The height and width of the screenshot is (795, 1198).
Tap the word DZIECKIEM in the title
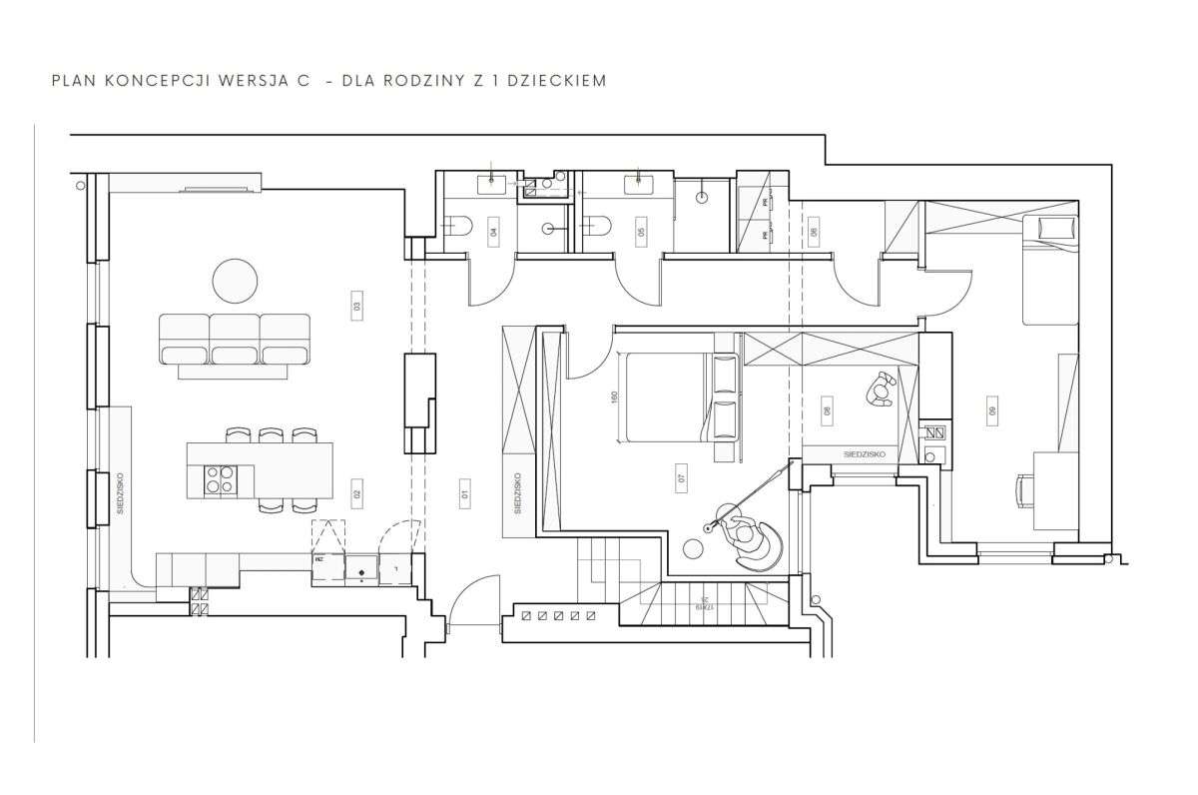[x=558, y=80]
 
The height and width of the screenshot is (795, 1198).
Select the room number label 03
[x=356, y=306]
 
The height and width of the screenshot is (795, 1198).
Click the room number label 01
[x=464, y=491]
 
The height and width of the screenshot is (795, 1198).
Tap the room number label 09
[x=992, y=410]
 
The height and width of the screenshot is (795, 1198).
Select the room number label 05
[x=640, y=232]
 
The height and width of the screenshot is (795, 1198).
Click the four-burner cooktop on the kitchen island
[x=220, y=480]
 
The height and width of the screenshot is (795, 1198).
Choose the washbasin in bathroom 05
[x=636, y=183]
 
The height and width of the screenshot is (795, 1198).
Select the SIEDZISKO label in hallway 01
[x=517, y=493]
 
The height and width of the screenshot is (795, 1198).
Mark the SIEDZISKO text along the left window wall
[x=119, y=493]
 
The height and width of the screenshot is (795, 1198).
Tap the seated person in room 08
[x=880, y=390]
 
